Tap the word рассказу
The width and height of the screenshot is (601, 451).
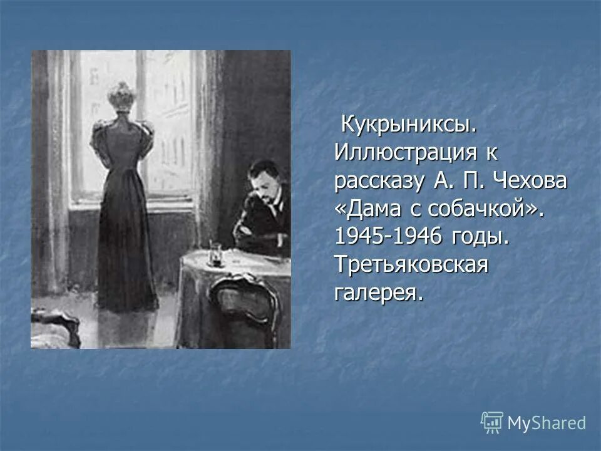click(377, 181)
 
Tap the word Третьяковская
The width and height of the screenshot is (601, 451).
click(411, 265)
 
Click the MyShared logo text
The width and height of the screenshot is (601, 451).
click(547, 423)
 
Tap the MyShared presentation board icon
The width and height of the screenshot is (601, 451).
click(492, 422)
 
